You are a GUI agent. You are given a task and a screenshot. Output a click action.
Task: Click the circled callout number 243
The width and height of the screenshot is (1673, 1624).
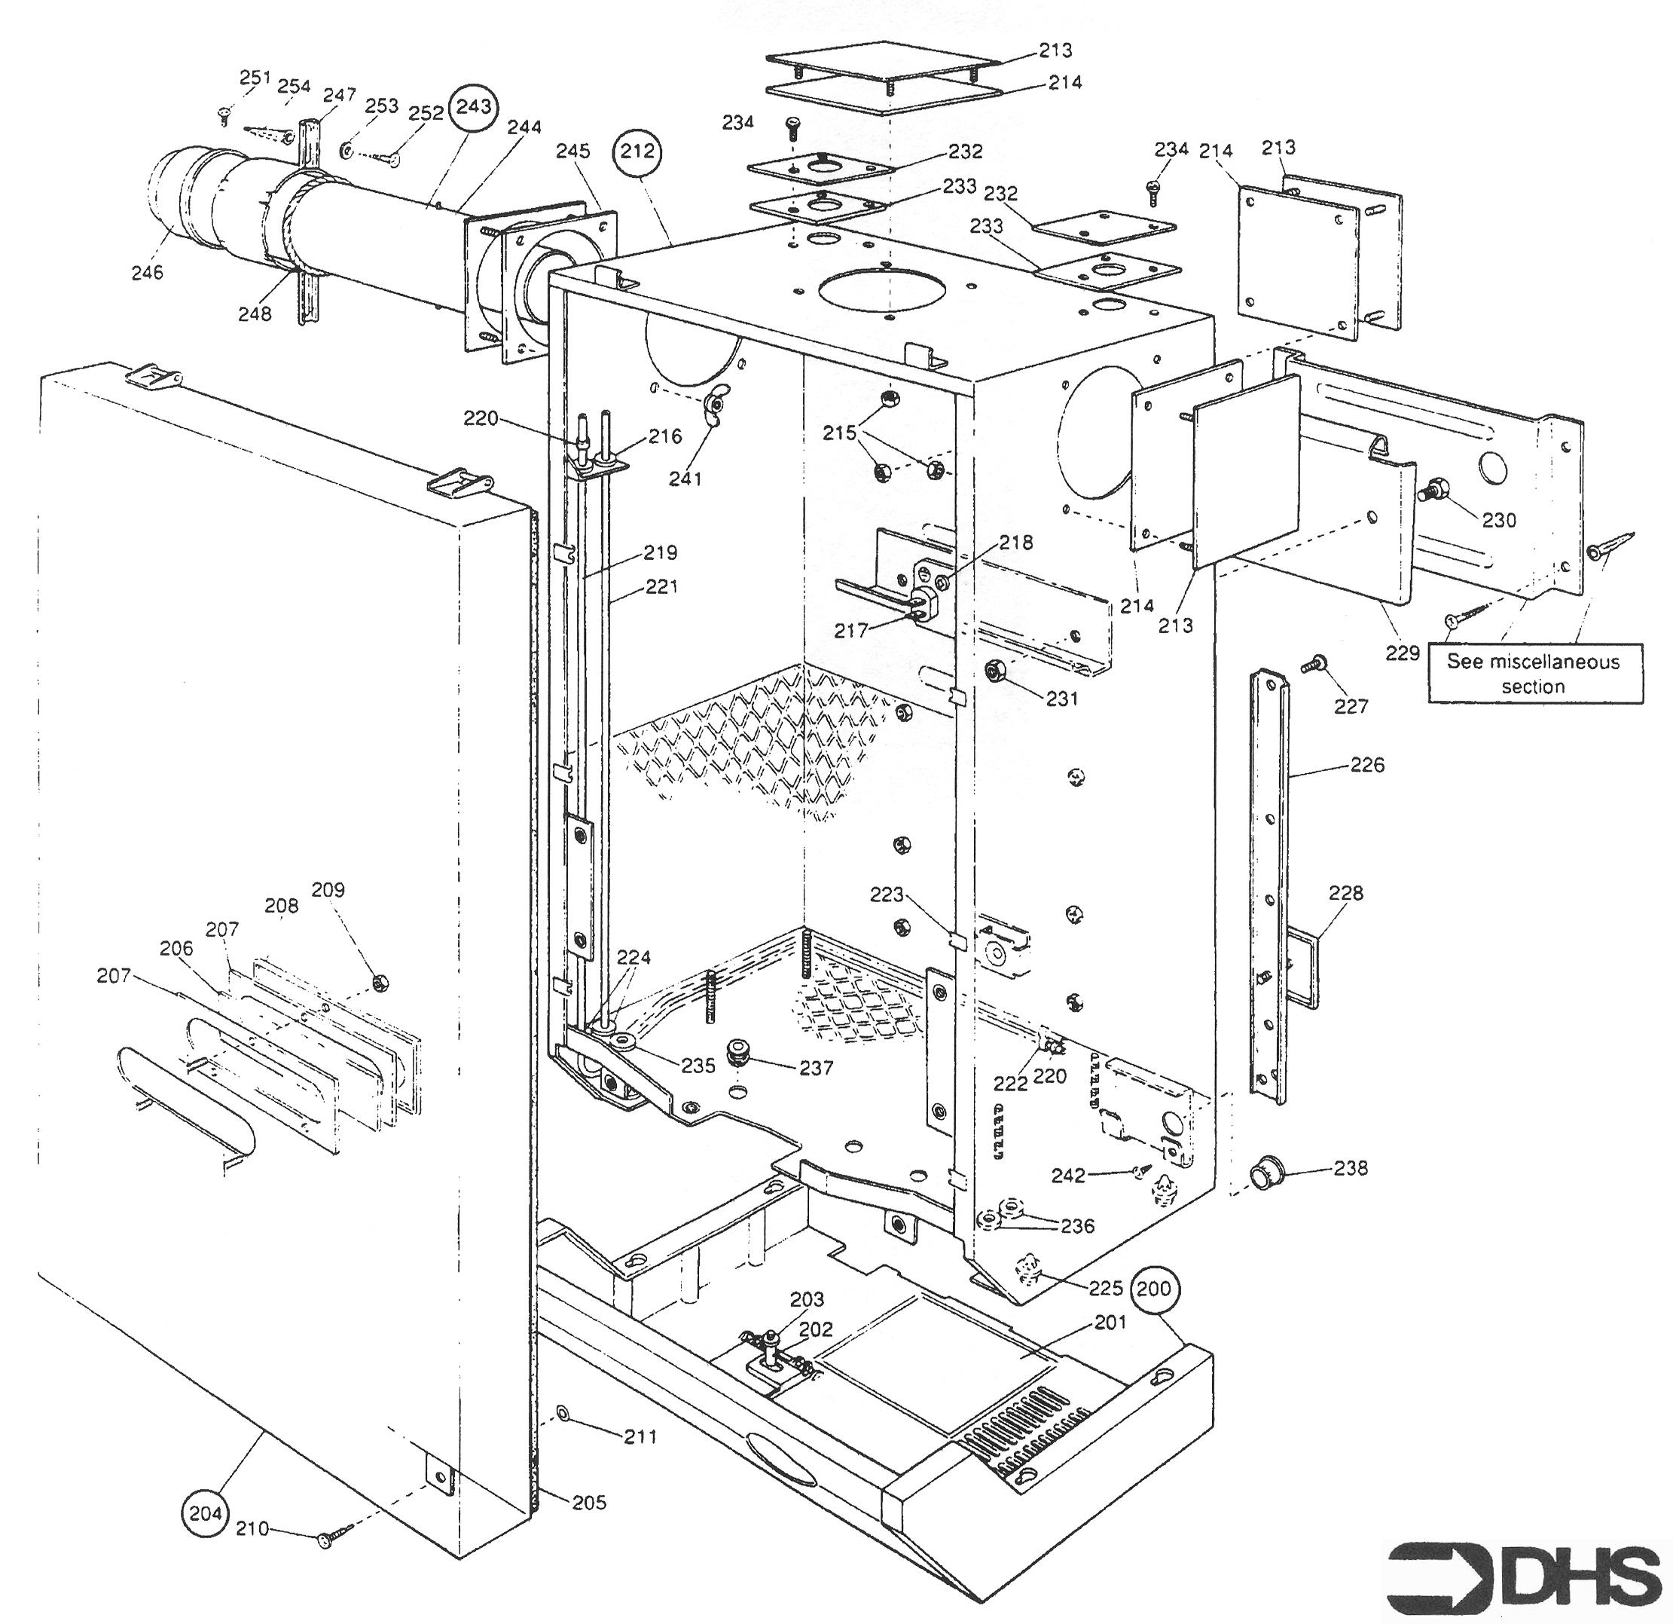click(x=474, y=108)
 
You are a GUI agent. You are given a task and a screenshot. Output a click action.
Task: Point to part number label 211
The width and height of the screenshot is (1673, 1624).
click(x=640, y=1436)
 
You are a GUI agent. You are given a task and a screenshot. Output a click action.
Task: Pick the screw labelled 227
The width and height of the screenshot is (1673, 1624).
click(x=1316, y=663)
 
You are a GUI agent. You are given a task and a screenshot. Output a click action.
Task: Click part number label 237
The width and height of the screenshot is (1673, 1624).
click(x=816, y=1067)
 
